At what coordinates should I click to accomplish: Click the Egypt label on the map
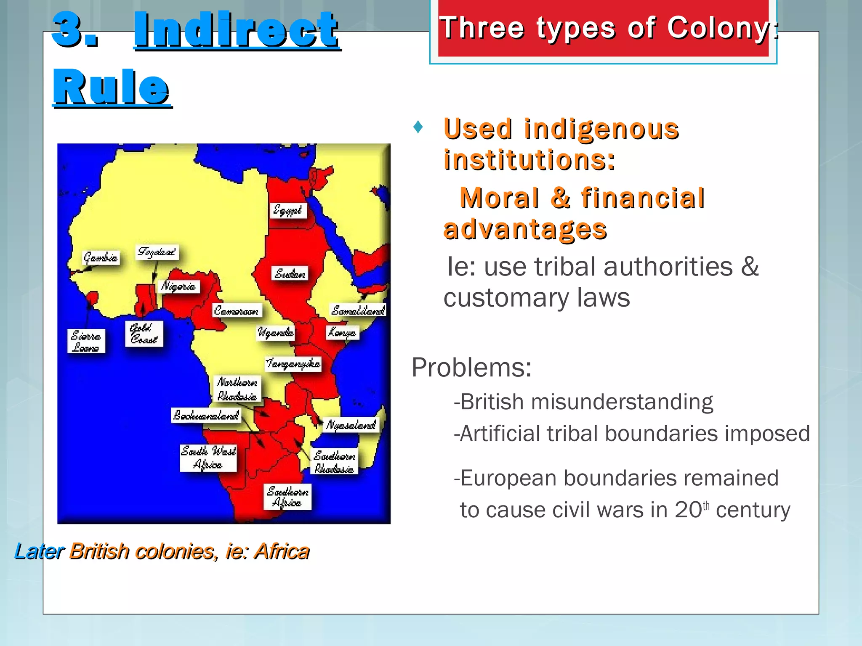(288, 209)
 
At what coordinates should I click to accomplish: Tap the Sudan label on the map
(290, 274)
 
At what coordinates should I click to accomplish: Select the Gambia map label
(101, 257)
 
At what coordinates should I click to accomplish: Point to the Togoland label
(157, 252)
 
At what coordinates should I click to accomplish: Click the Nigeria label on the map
(178, 286)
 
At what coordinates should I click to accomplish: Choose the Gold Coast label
(144, 334)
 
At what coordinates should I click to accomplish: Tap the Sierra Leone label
(86, 341)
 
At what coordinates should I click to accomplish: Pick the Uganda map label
(276, 332)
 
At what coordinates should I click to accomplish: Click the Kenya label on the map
(342, 333)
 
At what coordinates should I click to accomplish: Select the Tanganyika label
(293, 363)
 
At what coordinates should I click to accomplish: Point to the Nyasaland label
(351, 425)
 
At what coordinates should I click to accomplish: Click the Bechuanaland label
(206, 415)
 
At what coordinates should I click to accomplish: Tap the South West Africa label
(208, 458)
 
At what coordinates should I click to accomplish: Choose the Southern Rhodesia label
(334, 462)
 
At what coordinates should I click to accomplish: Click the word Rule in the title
(111, 87)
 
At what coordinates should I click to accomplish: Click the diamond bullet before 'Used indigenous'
(418, 127)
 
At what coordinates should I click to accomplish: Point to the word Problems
(471, 367)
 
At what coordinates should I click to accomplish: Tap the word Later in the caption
(40, 551)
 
